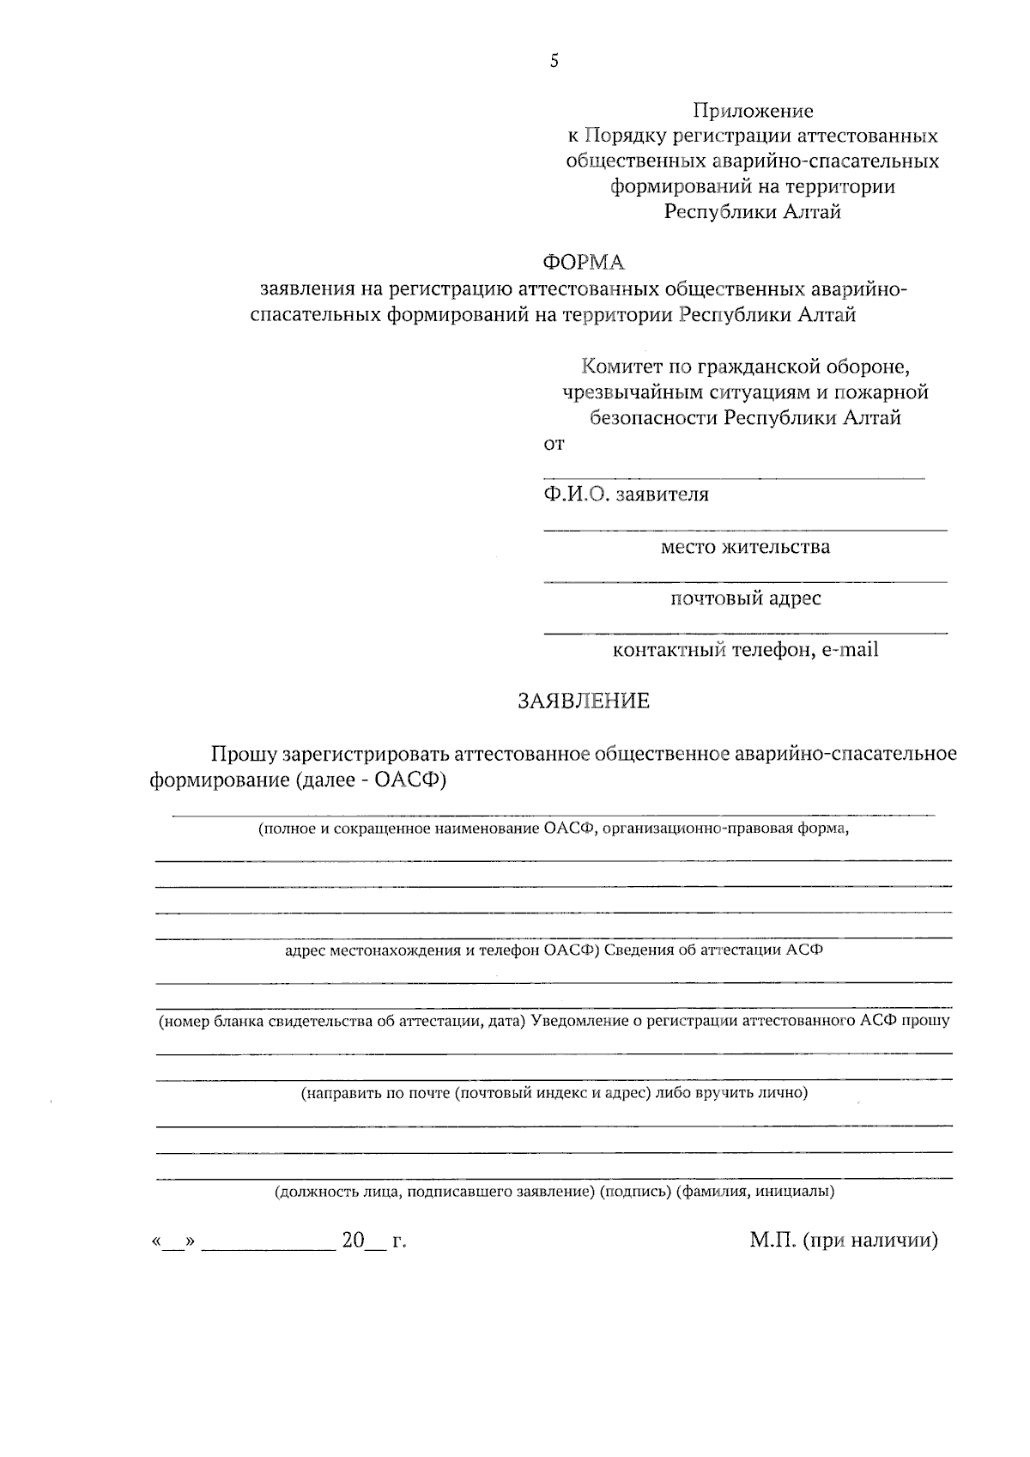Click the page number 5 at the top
tap(554, 61)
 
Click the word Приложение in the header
tap(753, 111)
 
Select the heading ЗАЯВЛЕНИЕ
tap(584, 701)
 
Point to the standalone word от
tap(554, 445)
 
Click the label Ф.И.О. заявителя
tap(626, 495)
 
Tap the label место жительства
tap(745, 547)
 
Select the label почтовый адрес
tap(745, 598)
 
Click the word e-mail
tap(850, 650)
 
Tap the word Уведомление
tap(576, 1021)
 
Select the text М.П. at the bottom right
tap(772, 1241)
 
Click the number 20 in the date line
tap(354, 1241)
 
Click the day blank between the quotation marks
tap(173, 1242)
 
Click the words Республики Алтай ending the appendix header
tap(753, 212)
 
